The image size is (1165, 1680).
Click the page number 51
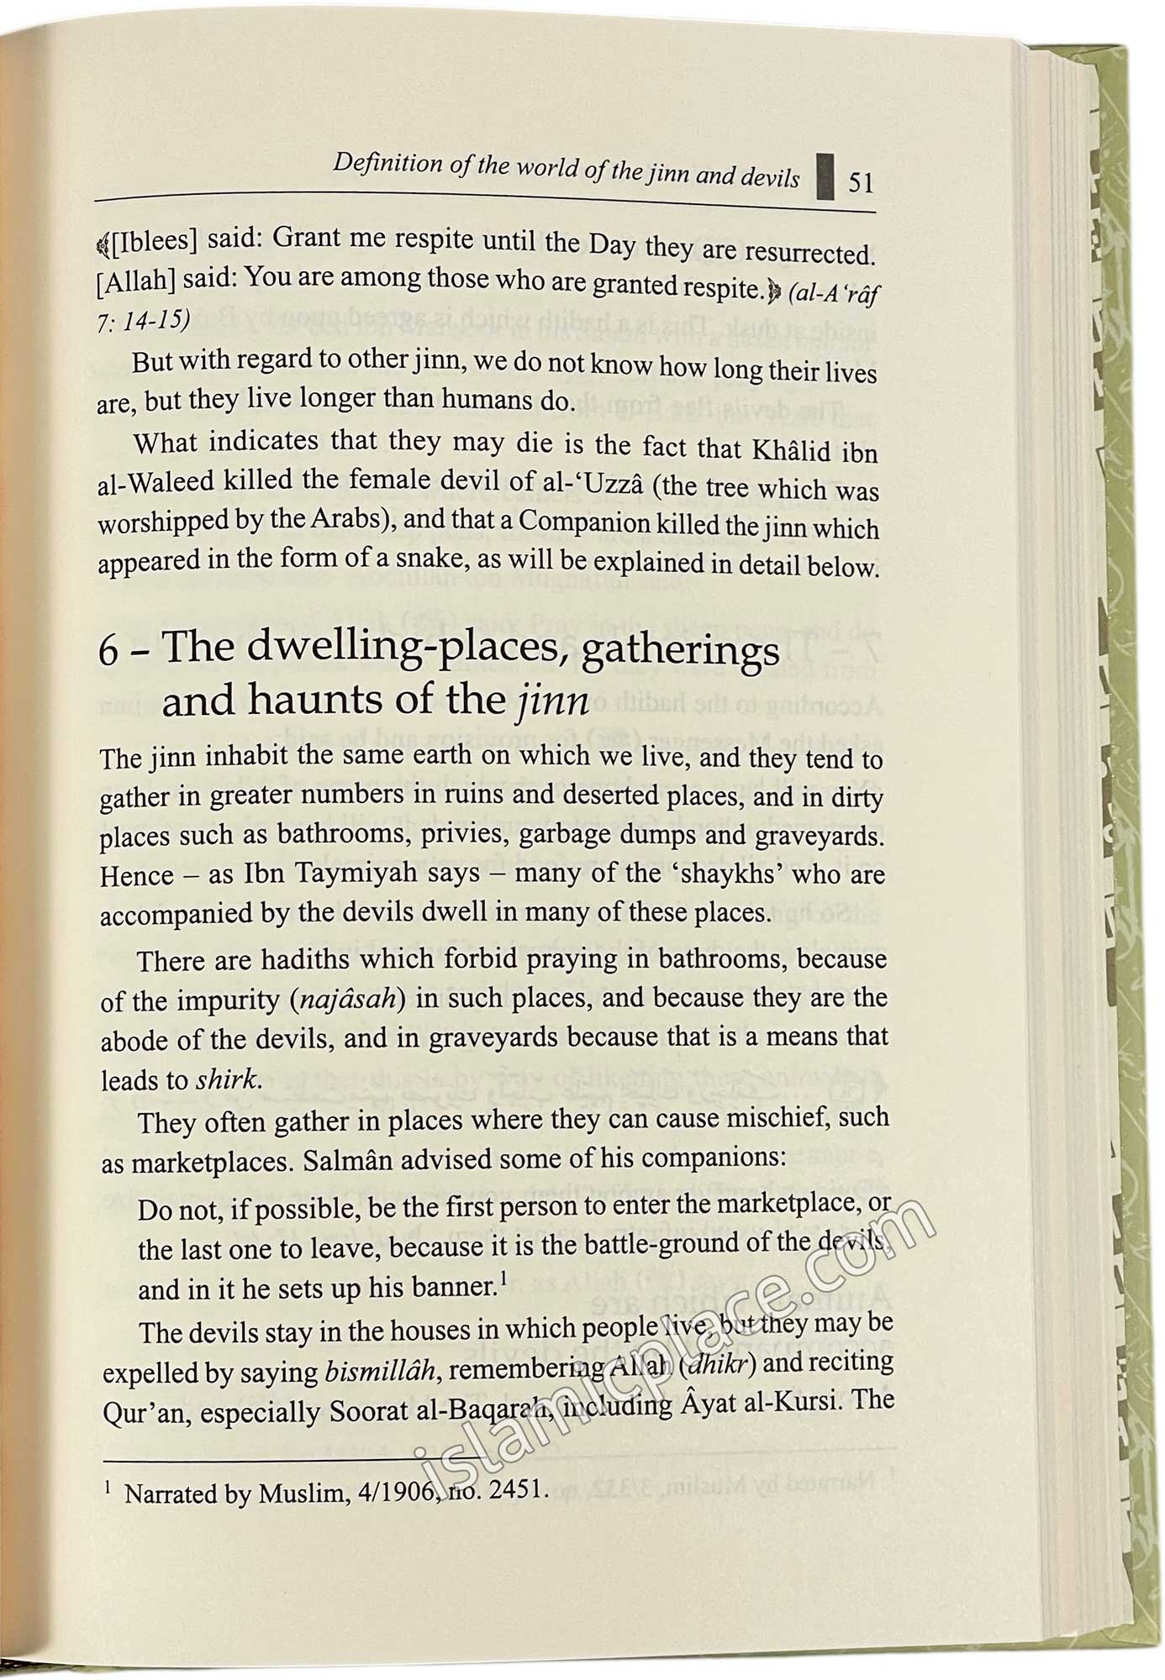[861, 182]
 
